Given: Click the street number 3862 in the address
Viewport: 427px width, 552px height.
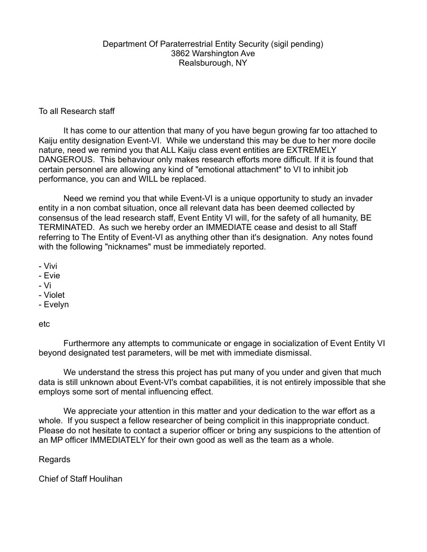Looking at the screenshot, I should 180,54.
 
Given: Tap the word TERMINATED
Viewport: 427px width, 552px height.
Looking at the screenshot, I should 66,227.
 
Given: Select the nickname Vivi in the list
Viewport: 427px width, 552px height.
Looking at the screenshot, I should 51,266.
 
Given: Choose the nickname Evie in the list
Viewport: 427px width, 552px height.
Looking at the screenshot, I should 52,276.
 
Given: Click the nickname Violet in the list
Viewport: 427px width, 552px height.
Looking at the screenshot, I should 54,295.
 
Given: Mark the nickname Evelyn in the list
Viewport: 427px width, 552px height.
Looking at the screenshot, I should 56,305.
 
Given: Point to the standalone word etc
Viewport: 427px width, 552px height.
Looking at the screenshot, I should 44,324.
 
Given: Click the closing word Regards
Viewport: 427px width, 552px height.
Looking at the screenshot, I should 55,460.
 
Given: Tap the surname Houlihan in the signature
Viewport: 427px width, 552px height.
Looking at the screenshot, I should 105,479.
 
